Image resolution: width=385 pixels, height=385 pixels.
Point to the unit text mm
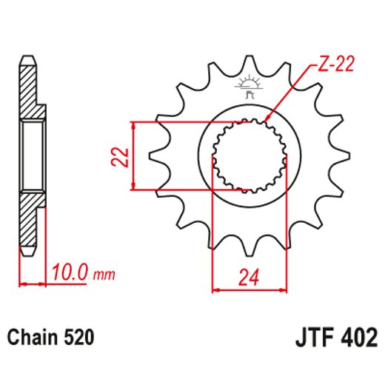click(105, 276)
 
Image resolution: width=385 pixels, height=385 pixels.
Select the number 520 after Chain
click(79, 338)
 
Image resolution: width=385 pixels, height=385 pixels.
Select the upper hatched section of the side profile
click(27, 93)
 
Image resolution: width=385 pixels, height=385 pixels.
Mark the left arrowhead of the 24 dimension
click(215, 289)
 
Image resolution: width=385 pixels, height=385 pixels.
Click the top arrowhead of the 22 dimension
click(133, 124)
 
